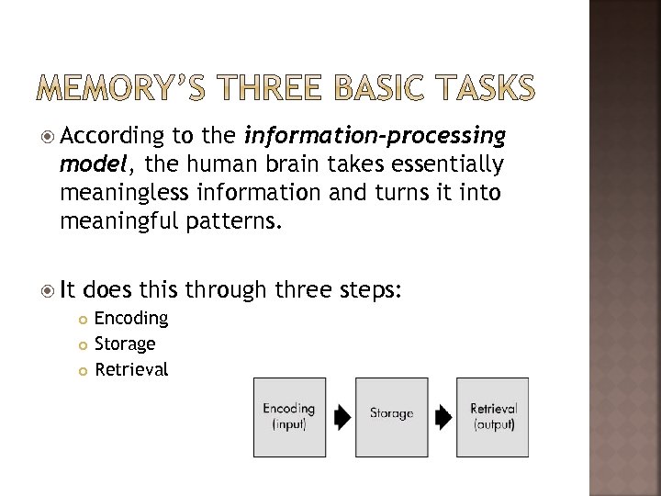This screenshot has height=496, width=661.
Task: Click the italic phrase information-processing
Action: click(x=375, y=137)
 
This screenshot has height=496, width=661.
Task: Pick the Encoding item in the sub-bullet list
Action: click(x=131, y=318)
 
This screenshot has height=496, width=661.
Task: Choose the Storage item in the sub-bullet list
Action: click(x=125, y=344)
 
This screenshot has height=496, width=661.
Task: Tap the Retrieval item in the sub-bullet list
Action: click(x=131, y=369)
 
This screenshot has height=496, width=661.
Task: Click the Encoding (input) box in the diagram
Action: click(x=289, y=417)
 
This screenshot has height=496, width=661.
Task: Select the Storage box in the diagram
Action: click(x=391, y=417)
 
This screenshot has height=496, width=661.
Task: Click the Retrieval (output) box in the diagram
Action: click(x=493, y=417)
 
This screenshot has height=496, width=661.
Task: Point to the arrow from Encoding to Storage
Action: click(x=342, y=418)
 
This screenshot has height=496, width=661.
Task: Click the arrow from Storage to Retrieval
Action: click(x=443, y=418)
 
